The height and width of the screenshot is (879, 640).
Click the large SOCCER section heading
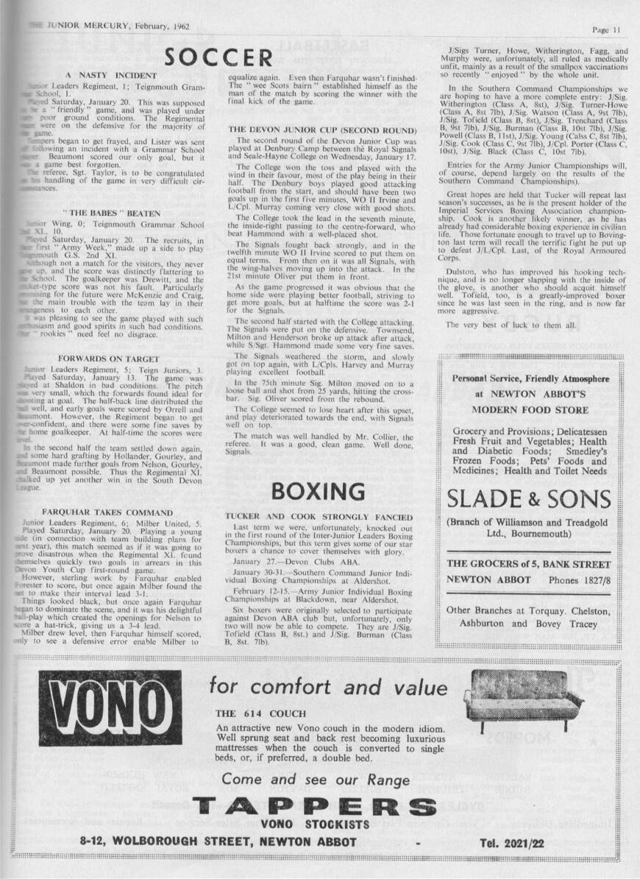(x=218, y=58)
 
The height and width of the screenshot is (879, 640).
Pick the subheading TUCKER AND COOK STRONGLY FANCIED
(x=319, y=517)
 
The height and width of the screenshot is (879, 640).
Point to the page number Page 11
(x=607, y=29)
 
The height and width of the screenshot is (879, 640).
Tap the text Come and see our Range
(x=316, y=780)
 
